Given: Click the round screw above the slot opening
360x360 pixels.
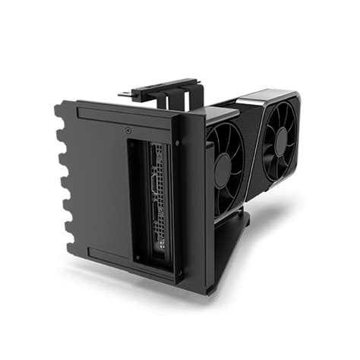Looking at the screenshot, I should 127,130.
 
